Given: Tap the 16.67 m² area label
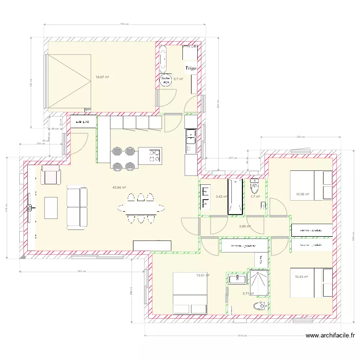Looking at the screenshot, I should [x=102, y=77].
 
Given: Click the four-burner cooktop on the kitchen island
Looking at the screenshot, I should [x=154, y=155].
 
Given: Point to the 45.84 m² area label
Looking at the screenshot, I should [x=119, y=188].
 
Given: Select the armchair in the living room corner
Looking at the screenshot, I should [x=50, y=175].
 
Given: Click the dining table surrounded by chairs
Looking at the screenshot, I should [x=141, y=208].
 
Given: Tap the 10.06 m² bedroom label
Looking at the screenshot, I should [x=302, y=194].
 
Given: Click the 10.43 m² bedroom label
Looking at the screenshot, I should [x=302, y=276].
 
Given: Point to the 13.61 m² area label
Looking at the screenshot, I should [x=204, y=275].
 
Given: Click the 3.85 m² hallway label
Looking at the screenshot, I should [x=245, y=227].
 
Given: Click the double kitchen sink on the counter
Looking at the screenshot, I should [x=191, y=140].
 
